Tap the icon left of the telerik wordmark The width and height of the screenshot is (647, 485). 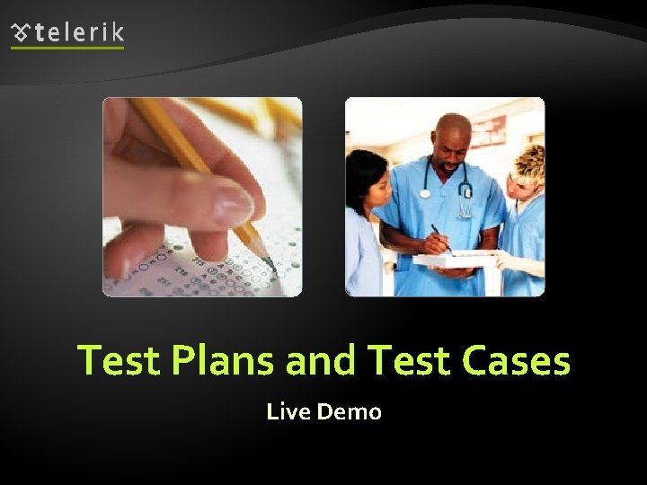click(x=21, y=33)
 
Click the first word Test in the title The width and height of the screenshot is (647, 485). click(x=117, y=361)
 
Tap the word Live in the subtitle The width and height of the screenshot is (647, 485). click(x=288, y=412)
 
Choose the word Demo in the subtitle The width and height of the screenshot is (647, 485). click(x=350, y=412)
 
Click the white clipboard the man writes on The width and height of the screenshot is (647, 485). click(x=449, y=260)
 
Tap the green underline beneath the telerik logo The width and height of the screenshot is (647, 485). click(x=67, y=48)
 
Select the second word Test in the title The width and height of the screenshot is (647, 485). click(x=409, y=361)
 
